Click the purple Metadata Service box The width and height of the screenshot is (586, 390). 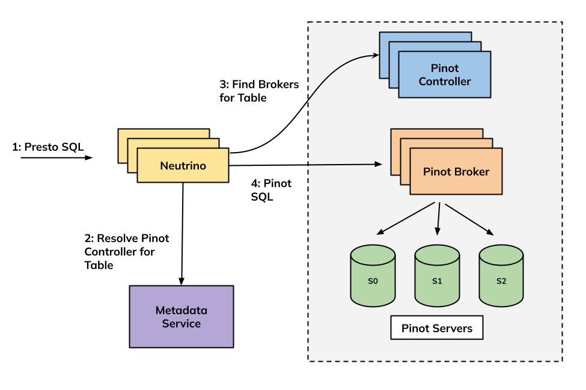click(182, 317)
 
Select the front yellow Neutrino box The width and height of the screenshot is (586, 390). click(183, 166)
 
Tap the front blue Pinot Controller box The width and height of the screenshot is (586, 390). click(445, 75)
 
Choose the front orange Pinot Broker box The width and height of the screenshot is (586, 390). click(456, 172)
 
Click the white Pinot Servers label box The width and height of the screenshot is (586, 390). click(437, 328)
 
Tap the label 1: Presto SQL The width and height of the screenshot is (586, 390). click(48, 147)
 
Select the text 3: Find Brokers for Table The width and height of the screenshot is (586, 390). click(259, 91)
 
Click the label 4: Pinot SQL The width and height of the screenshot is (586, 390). click(271, 189)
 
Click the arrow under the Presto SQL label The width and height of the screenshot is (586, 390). click(56, 158)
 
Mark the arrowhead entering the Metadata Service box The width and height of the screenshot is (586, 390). click(182, 281)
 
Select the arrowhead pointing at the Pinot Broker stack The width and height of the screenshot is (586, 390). click(379, 163)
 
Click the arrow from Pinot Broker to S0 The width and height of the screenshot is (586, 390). click(405, 218)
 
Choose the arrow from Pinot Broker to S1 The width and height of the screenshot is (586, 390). click(438, 218)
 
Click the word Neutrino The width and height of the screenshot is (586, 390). click(183, 166)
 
